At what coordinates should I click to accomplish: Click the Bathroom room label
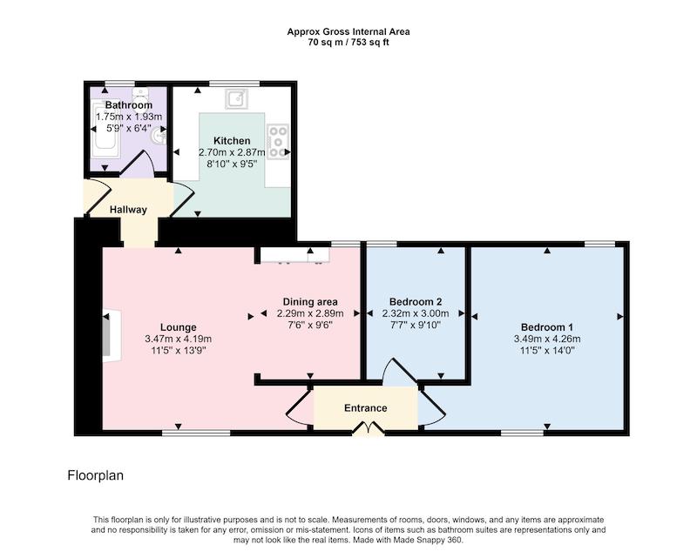click(128, 105)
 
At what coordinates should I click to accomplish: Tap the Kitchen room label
click(232, 141)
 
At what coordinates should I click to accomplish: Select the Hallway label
click(128, 210)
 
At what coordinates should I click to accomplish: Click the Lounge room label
click(179, 327)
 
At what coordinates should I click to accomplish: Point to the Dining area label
click(310, 302)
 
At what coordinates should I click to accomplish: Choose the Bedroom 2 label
click(416, 302)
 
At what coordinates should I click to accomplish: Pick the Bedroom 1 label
click(547, 327)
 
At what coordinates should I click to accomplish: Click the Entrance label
click(365, 408)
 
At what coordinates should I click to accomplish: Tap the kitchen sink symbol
click(236, 98)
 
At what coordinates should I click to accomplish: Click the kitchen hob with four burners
click(278, 142)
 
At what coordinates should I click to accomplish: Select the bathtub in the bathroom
click(105, 129)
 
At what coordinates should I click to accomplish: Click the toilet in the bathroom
click(141, 94)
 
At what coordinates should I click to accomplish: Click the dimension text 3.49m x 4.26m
click(547, 339)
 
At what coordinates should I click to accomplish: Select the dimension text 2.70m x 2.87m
click(232, 152)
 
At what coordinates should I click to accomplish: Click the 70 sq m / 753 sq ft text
click(348, 43)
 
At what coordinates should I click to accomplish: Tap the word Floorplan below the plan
click(96, 475)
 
